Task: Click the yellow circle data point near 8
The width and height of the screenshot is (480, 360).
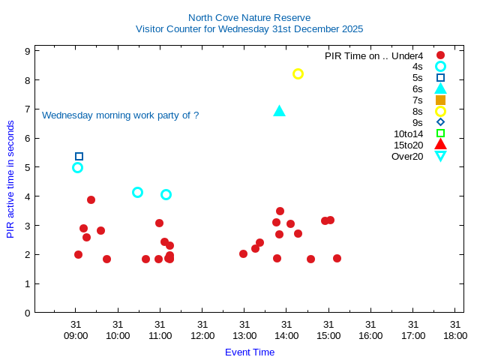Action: click(298, 73)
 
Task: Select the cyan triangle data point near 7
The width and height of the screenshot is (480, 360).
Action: click(279, 111)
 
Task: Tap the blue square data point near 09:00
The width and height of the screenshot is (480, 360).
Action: click(79, 157)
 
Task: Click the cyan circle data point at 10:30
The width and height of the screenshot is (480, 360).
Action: click(137, 193)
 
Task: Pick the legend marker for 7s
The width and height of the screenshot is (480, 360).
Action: click(440, 100)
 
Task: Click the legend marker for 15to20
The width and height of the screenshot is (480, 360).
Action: click(440, 145)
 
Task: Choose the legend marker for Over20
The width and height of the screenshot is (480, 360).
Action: click(440, 156)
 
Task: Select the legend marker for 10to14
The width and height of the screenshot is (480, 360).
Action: click(440, 133)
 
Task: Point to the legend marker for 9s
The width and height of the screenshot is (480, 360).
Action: click(440, 122)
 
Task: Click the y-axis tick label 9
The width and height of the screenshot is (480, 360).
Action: click(27, 51)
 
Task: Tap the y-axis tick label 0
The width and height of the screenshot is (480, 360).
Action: click(27, 313)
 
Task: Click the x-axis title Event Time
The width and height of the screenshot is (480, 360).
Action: click(250, 352)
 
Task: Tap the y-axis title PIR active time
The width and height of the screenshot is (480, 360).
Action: click(10, 179)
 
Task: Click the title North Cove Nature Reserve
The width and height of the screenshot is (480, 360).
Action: click(249, 17)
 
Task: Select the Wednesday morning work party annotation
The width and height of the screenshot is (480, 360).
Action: click(120, 115)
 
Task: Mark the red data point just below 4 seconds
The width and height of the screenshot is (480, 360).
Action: click(91, 200)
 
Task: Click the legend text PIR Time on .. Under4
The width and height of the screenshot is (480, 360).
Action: click(373, 55)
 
